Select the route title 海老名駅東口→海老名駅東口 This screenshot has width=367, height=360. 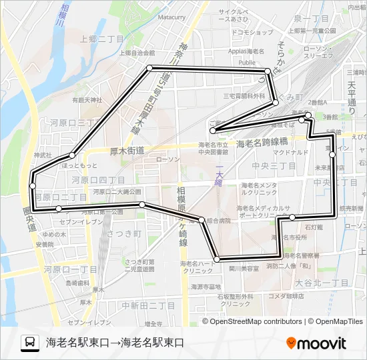pyautogui.click(x=115, y=343)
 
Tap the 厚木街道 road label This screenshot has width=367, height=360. pyautogui.click(x=127, y=151)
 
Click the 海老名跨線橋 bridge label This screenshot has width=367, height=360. pyautogui.click(x=262, y=143)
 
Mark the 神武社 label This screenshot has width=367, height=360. pyautogui.click(x=43, y=155)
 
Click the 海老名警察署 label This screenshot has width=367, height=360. pyautogui.click(x=301, y=255)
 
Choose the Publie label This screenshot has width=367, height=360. pyautogui.click(x=247, y=63)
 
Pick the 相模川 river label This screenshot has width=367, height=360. pyautogui.click(x=59, y=17)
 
